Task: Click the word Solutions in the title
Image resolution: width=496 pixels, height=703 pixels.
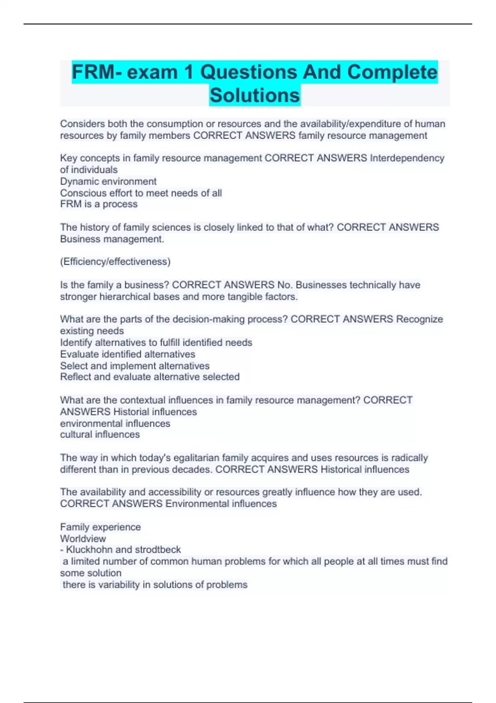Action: (255, 95)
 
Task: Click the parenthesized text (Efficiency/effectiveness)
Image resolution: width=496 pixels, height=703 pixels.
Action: (115, 261)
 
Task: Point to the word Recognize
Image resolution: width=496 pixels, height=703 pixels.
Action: (419, 319)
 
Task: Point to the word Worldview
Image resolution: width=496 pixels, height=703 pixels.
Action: (83, 538)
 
